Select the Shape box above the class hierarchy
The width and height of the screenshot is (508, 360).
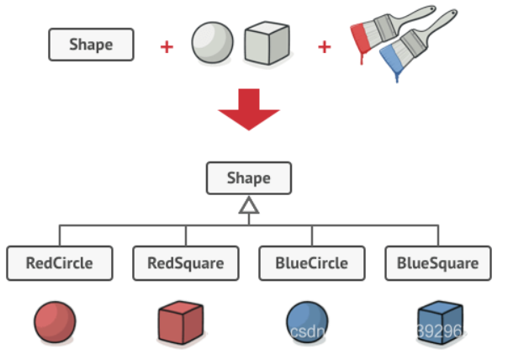pos(249,178)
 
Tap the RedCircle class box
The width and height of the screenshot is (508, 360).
pos(59,263)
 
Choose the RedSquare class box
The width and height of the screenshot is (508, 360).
pos(186,263)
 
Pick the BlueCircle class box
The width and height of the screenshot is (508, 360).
pos(311,263)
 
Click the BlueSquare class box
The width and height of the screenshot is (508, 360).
pos(437,263)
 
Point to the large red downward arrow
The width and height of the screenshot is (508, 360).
pos(248,108)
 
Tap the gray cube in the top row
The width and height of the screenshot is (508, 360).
pos(267,44)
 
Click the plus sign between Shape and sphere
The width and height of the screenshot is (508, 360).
pos(167,46)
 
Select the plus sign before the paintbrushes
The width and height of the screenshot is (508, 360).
pos(325,46)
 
